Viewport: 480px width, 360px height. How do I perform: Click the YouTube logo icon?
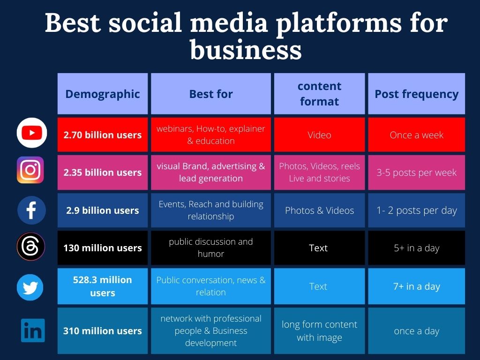[x=32, y=133]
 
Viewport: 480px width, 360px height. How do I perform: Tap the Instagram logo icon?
[x=30, y=170]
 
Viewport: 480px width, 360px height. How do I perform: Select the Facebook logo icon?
[x=31, y=210]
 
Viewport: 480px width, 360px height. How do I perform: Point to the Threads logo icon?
[x=31, y=247]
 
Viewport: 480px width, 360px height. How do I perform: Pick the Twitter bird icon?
[x=30, y=287]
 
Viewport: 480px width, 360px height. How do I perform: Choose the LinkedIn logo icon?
[x=33, y=330]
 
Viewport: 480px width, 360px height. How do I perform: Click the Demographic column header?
[x=103, y=94]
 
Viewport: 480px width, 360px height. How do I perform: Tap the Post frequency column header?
[x=416, y=94]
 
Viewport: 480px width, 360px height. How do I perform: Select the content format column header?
[x=319, y=94]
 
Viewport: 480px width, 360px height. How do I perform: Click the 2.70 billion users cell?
[x=103, y=135]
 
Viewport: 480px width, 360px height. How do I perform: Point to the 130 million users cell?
[x=103, y=247]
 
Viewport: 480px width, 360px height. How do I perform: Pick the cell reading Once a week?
[x=416, y=135]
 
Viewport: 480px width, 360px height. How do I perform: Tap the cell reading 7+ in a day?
[x=416, y=286]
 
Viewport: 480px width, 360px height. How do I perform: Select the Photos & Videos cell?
[x=319, y=210]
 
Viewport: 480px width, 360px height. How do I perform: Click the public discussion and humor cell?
[x=211, y=247]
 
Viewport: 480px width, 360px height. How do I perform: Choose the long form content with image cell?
[x=319, y=330]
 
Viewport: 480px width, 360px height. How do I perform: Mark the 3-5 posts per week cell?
[x=416, y=172]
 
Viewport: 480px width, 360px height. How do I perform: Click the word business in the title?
[x=246, y=50]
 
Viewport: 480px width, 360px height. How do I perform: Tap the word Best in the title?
[x=73, y=23]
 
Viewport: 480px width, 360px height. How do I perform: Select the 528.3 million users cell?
[x=103, y=286]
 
